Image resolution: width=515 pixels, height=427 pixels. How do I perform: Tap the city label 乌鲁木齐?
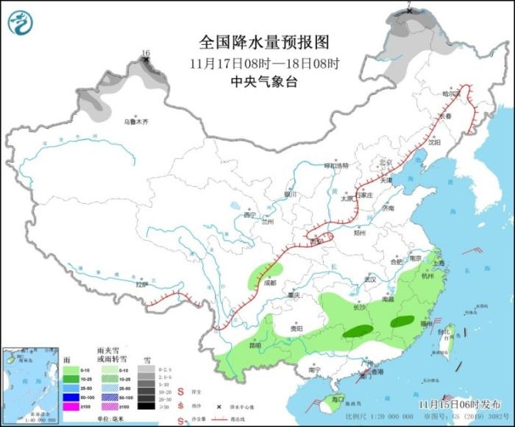pos(135,121)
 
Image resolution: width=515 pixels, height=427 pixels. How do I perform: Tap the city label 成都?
pos(269,282)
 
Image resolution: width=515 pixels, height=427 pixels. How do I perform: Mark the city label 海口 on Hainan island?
pos(338,399)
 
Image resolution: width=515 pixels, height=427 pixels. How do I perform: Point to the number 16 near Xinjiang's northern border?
pos(146,53)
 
